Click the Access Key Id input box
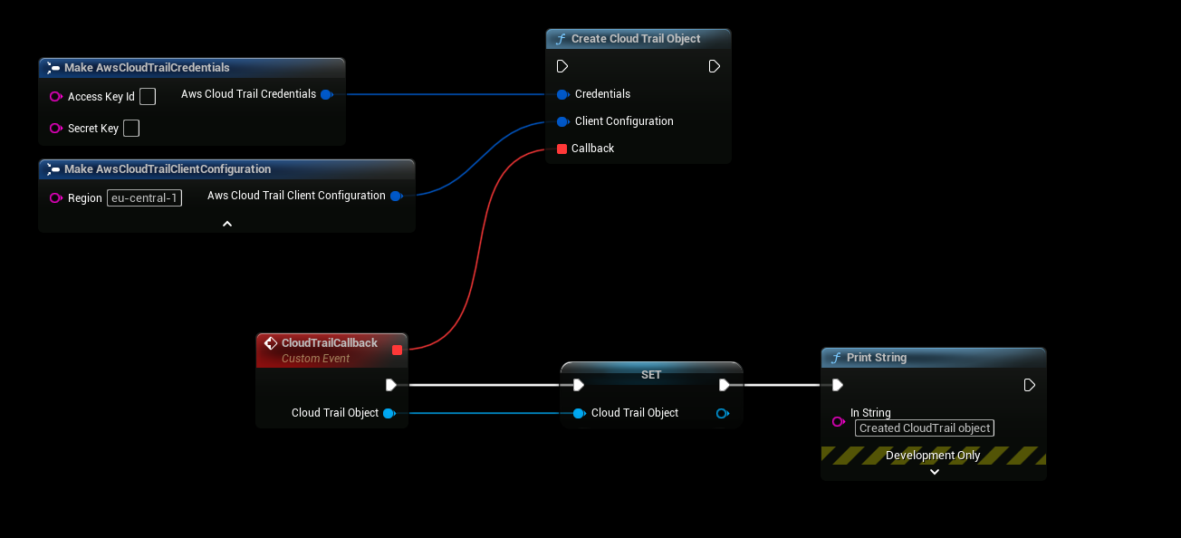tap(148, 96)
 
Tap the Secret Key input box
tap(131, 128)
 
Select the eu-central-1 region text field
tap(144, 197)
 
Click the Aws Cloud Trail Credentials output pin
tap(326, 94)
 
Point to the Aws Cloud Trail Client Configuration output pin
tap(396, 196)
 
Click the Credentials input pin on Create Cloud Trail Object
tap(562, 94)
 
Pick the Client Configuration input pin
tap(562, 121)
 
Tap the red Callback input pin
tap(562, 149)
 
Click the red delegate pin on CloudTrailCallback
tap(397, 350)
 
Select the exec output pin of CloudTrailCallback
tap(390, 385)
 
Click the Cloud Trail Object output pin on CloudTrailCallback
tap(389, 413)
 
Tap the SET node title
tap(651, 374)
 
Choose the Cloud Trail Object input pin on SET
tap(579, 413)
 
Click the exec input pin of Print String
tap(838, 385)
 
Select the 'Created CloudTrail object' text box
tap(924, 428)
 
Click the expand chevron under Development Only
tap(935, 471)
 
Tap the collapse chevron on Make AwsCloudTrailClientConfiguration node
tap(227, 223)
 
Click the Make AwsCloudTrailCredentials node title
tap(147, 68)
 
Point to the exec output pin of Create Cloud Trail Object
tap(714, 66)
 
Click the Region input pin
tap(56, 198)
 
